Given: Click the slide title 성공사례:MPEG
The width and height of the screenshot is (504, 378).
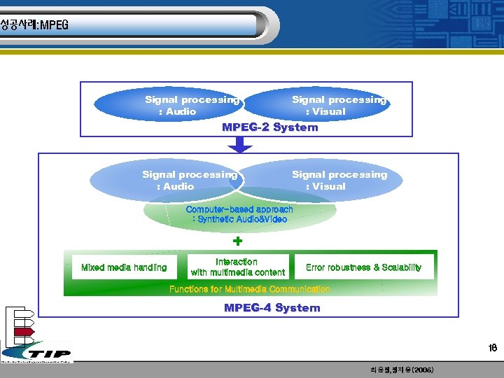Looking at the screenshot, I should point(34,25).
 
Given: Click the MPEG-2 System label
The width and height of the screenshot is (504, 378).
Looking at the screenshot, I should point(269,127).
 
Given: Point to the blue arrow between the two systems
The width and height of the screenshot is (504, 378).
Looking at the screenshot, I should point(240,144).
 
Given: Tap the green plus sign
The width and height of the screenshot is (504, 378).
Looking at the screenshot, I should point(238,241).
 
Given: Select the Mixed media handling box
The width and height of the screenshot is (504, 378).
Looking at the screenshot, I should point(124,267).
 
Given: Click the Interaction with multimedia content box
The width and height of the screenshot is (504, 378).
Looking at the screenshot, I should point(237,267).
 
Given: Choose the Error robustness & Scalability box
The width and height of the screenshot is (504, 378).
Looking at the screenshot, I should point(363,267).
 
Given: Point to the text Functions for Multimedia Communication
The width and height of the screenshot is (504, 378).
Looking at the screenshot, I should point(249,289).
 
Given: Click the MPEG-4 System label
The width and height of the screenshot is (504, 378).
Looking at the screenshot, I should point(272,308).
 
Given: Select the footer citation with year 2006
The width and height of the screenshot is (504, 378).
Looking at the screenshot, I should point(401,370).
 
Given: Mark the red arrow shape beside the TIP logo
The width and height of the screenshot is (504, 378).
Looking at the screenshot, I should point(24,331).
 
